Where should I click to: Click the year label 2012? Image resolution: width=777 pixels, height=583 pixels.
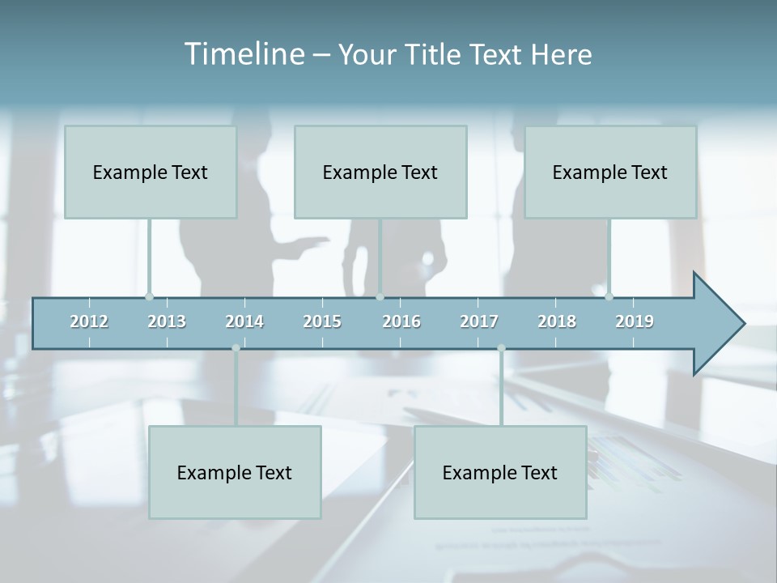coord(89,321)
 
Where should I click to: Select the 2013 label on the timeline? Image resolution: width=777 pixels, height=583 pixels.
coord(167,321)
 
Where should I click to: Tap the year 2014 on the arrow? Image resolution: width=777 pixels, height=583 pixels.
coord(244,321)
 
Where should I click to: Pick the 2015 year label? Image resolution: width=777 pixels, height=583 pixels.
coord(322,321)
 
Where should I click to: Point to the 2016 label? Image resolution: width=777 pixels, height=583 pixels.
coord(401,321)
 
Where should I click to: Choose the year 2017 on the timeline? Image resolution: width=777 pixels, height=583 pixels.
coord(479,321)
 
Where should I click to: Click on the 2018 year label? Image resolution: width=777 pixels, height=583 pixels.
coord(557,321)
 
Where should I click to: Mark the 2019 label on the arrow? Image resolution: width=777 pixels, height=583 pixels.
coord(635,321)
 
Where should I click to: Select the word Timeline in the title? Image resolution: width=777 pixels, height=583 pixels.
coord(243,54)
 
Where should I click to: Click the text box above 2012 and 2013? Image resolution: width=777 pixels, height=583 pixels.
coord(151,172)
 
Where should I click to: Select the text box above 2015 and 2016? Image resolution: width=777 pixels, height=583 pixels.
coord(380,172)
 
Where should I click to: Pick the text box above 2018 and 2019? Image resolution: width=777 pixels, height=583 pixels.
coord(610,172)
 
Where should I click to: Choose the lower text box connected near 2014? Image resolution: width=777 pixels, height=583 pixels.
coord(235,472)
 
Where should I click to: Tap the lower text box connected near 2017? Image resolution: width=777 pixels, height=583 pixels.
coord(500,472)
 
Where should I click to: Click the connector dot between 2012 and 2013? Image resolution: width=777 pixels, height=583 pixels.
coord(150,296)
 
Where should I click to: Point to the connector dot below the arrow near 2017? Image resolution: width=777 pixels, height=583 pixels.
coord(501,348)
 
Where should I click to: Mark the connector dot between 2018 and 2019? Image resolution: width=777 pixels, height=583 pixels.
coord(609,296)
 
